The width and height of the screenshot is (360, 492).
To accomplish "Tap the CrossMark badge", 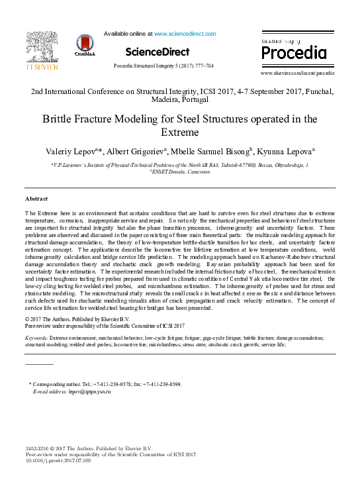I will click(x=85, y=45).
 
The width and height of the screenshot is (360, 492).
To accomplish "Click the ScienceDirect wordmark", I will click(x=157, y=52).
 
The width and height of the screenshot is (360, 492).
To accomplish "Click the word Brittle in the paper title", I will click(x=99, y=119).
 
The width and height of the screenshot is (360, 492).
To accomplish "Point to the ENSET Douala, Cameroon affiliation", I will click(x=181, y=172).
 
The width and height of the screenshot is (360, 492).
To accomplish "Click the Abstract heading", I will click(x=36, y=199).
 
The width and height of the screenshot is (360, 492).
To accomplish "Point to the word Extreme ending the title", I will click(x=180, y=133).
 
